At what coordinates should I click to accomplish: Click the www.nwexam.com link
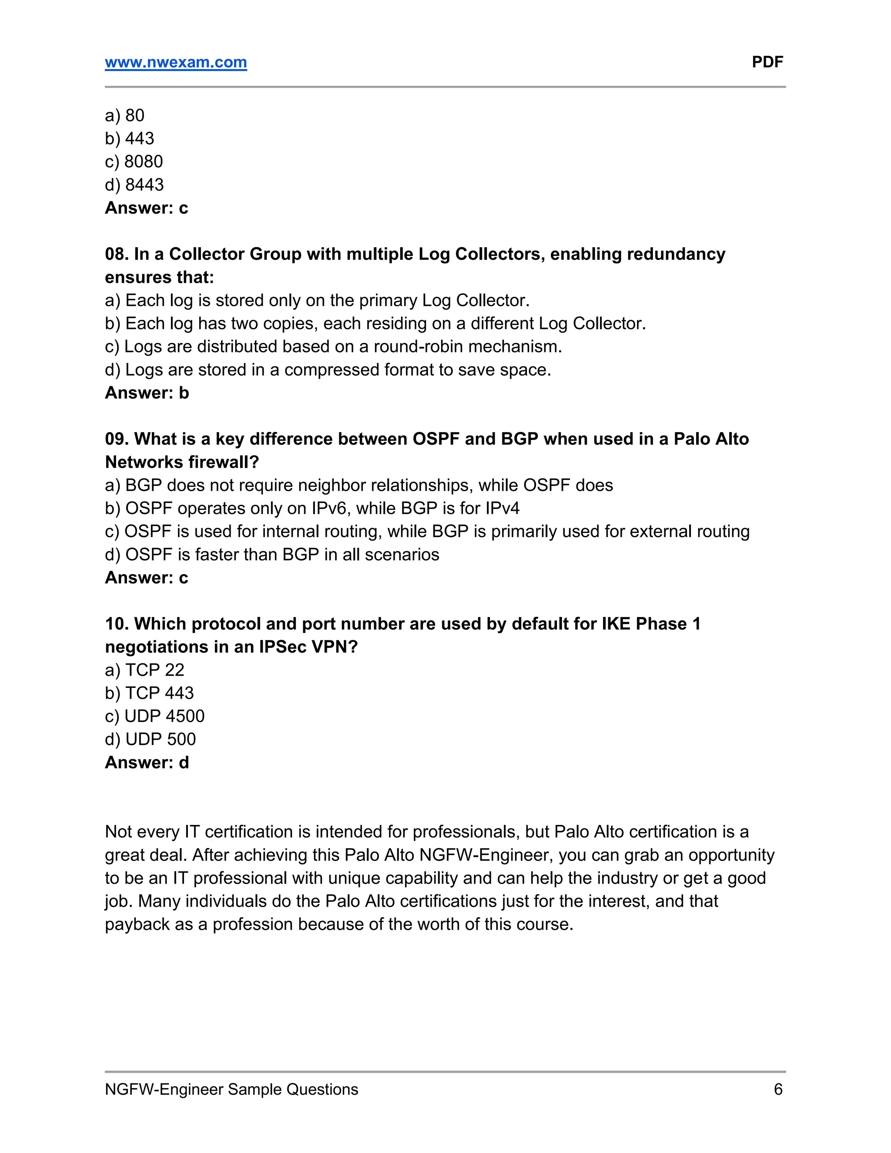pyautogui.click(x=176, y=62)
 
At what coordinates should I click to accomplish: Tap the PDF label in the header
pyautogui.click(x=767, y=62)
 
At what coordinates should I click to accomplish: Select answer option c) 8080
pyautogui.click(x=134, y=161)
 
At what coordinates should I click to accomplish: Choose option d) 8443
pyautogui.click(x=134, y=185)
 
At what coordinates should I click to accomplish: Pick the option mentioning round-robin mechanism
pyautogui.click(x=334, y=346)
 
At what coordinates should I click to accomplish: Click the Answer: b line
pyautogui.click(x=147, y=393)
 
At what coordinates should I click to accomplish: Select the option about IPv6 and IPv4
pyautogui.click(x=312, y=508)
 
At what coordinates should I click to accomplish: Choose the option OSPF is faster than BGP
pyautogui.click(x=272, y=554)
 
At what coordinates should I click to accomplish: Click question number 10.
pyautogui.click(x=116, y=623)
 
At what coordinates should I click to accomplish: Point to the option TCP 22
pyautogui.click(x=144, y=670)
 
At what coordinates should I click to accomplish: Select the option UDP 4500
pyautogui.click(x=154, y=716)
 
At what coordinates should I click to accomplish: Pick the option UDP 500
pyautogui.click(x=151, y=739)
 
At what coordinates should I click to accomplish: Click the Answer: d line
pyautogui.click(x=147, y=762)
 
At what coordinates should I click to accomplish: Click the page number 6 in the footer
pyautogui.click(x=778, y=1089)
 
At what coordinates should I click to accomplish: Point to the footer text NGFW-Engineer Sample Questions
pyautogui.click(x=231, y=1089)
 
